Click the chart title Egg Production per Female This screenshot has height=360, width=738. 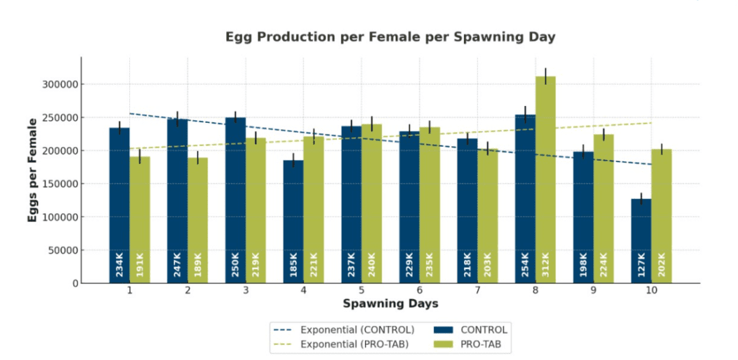pos(390,38)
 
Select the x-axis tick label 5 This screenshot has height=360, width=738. pos(361,291)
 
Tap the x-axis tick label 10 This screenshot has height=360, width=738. pos(651,291)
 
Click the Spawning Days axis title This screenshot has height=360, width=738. pos(390,303)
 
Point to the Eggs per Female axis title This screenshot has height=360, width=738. pos(33,169)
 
